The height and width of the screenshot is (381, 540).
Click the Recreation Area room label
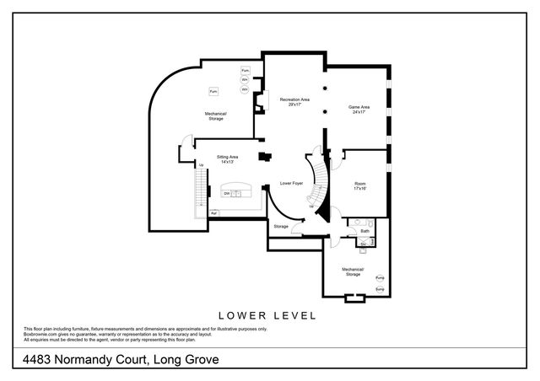(x=294, y=99)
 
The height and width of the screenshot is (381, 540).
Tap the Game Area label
(x=360, y=107)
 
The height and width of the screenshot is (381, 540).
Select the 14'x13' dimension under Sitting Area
(x=227, y=162)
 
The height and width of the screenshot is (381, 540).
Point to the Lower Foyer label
(x=292, y=183)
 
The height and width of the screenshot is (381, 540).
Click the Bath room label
(x=365, y=230)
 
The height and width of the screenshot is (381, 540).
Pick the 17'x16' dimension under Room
(x=360, y=189)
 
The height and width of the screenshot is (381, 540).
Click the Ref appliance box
(x=214, y=212)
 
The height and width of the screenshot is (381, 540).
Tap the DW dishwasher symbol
(x=227, y=194)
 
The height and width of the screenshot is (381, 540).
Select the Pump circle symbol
(x=380, y=278)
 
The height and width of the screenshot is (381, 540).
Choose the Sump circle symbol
(x=380, y=289)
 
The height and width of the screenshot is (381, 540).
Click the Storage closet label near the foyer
(x=281, y=226)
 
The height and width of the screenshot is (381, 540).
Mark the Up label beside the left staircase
(x=201, y=165)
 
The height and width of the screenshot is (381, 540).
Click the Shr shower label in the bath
(x=362, y=241)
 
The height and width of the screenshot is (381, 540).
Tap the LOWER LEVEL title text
(x=267, y=315)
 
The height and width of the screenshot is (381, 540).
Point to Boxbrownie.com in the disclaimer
(x=41, y=334)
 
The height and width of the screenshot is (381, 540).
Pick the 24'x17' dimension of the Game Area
(x=360, y=112)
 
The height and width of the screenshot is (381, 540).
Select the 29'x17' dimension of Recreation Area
(x=294, y=105)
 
